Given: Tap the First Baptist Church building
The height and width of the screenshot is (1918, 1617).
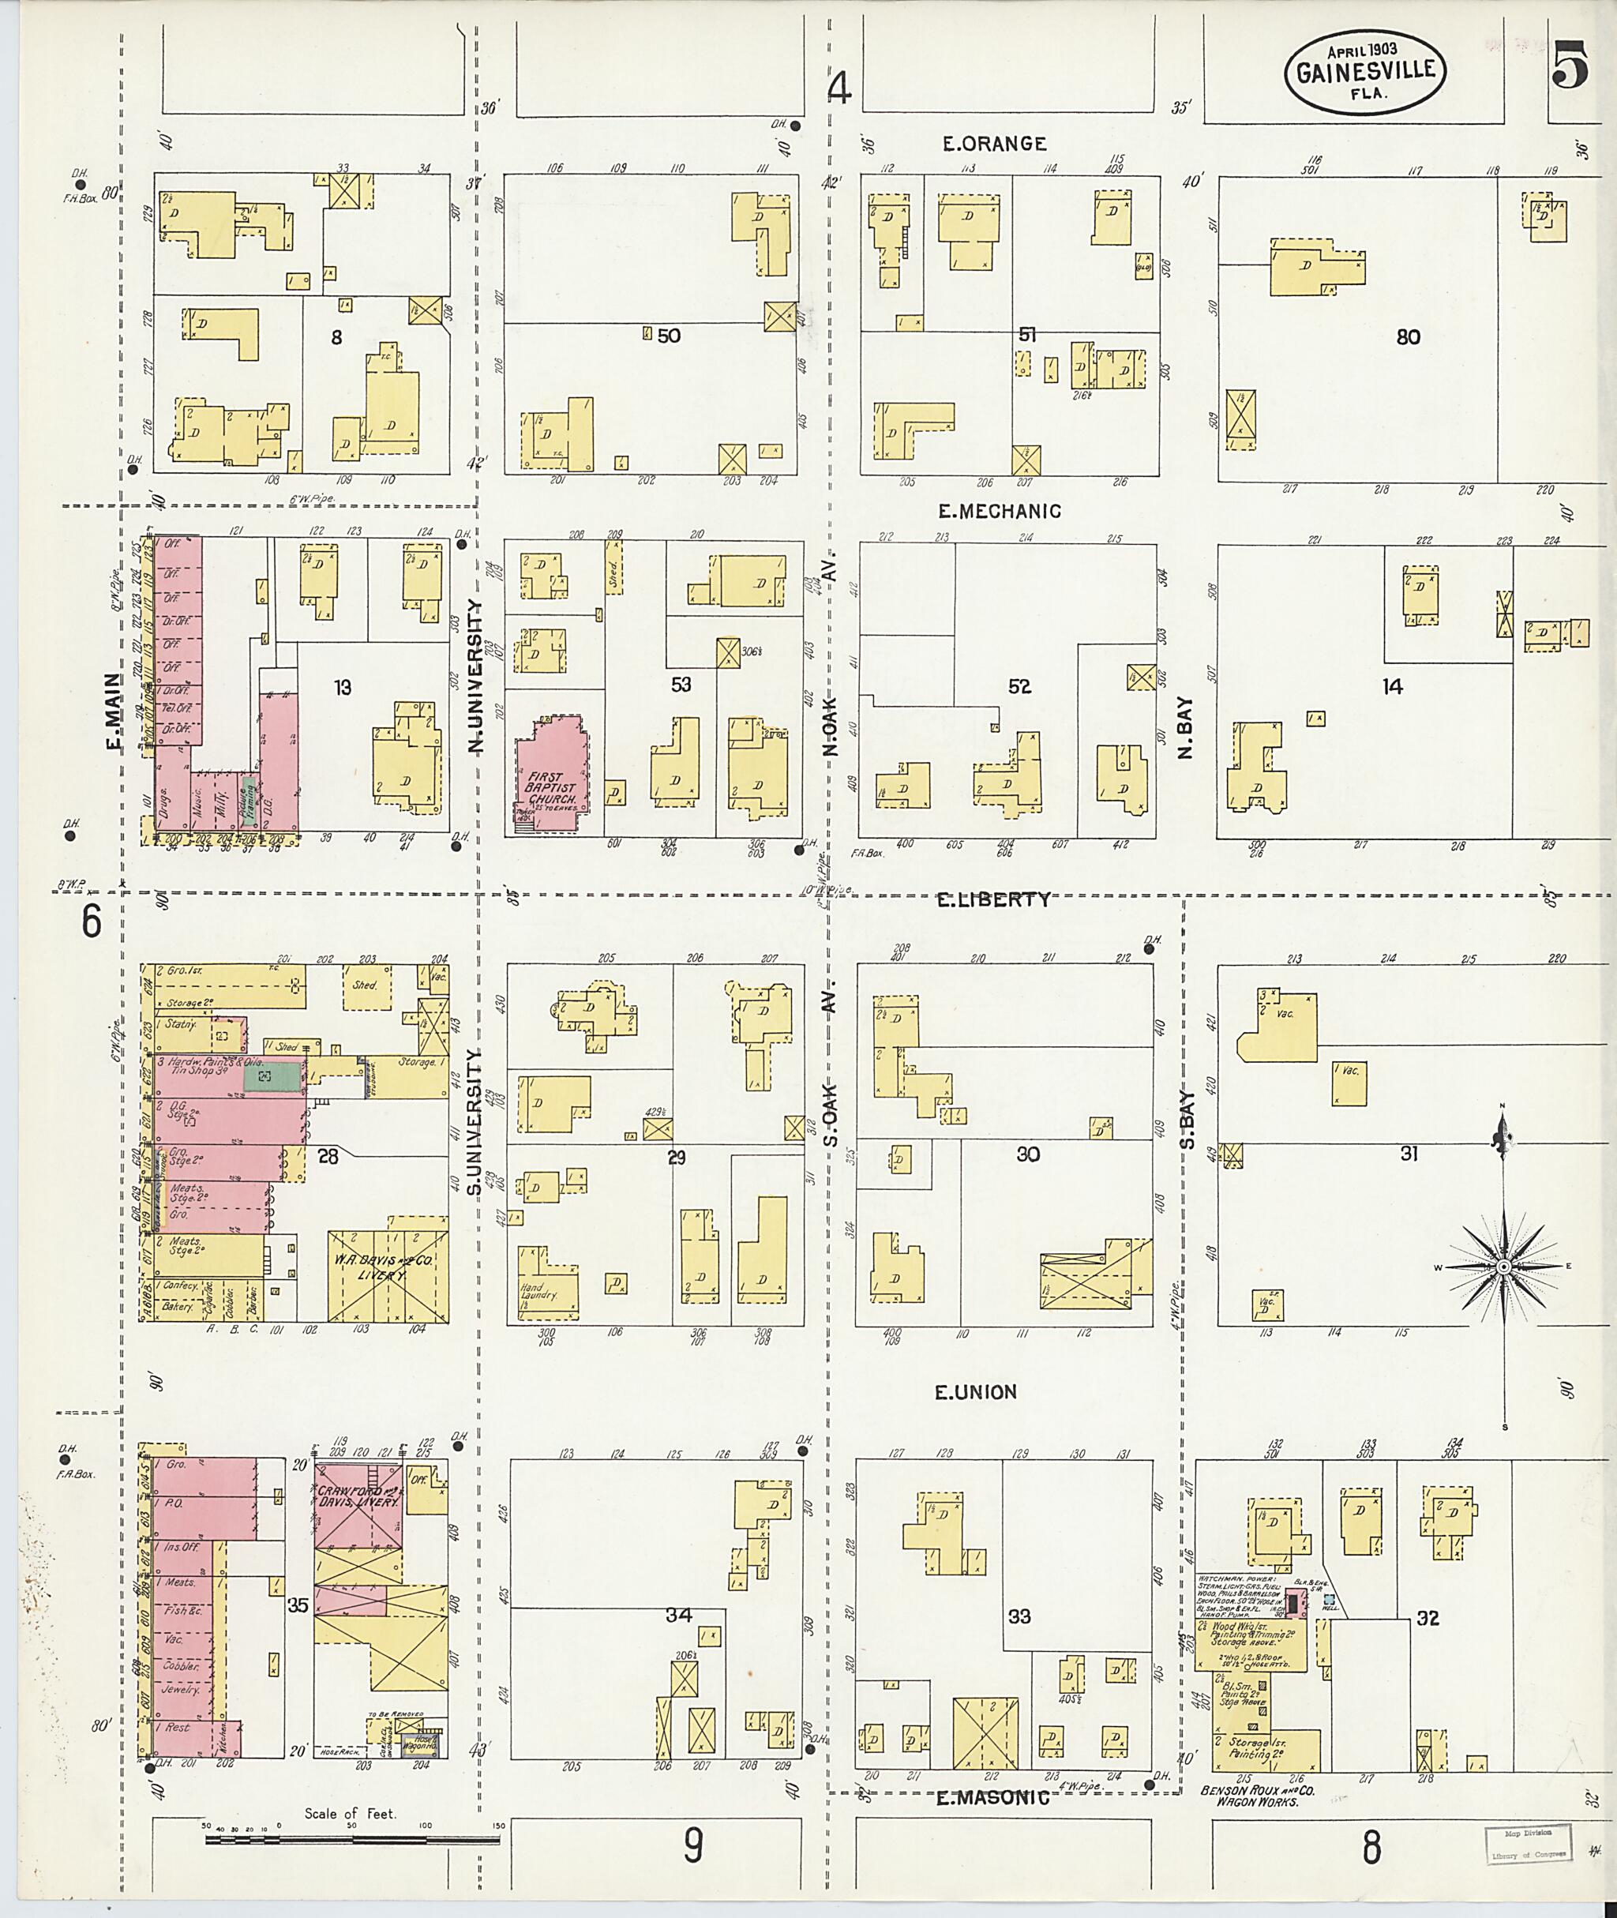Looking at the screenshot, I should (x=550, y=775).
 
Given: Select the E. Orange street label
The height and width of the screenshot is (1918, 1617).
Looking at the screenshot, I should (x=995, y=143).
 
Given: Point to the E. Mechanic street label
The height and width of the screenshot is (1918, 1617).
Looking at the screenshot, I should (x=999, y=512).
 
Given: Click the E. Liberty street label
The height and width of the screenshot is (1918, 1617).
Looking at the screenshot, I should (x=992, y=899).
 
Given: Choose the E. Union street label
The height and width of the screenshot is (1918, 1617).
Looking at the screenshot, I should (x=975, y=1392).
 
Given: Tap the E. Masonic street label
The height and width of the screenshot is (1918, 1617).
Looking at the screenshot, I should (x=992, y=1798).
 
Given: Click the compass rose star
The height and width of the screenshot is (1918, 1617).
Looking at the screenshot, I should (x=1503, y=1266).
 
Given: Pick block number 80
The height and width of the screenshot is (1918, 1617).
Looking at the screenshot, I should (x=1408, y=336).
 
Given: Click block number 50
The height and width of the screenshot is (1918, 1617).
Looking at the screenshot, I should (x=668, y=336).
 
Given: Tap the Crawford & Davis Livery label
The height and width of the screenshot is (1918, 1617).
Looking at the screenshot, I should (x=358, y=1497).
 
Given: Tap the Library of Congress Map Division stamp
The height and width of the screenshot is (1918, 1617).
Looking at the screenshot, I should (x=1526, y=1856).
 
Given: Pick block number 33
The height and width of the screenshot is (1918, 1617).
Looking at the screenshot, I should (x=1019, y=1616).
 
